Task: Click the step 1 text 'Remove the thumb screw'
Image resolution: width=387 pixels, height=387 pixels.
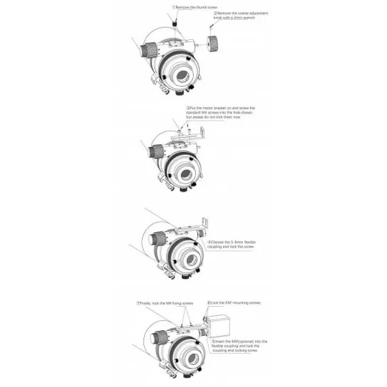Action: [197, 6]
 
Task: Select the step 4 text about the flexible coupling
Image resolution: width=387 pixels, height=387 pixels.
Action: [231, 244]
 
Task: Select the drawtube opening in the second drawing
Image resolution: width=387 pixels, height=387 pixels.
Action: [185, 174]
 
